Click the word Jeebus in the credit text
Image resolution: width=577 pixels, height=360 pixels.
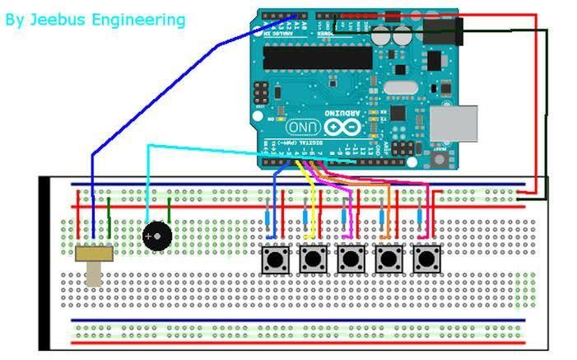61,19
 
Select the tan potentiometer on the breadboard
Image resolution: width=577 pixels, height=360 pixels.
93,259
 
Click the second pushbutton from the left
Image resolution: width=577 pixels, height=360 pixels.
312,260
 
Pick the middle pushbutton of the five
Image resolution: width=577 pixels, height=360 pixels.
351,260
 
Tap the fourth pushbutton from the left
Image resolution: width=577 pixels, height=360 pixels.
389,260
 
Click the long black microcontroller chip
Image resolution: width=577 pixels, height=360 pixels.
318,57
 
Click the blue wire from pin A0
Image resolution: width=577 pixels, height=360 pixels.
165,91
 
